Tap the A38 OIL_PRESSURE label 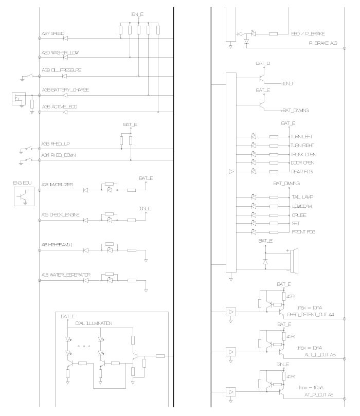pos(62,70)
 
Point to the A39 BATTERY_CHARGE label pos(66,90)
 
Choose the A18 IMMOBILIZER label pos(58,184)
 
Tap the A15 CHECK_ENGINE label pos(61,215)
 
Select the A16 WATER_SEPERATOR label pos(66,275)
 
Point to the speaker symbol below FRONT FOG pos(294,261)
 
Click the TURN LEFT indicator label pos(302,137)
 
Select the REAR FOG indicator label pos(301,171)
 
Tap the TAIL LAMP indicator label pos(302,197)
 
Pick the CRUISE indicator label pos(299,214)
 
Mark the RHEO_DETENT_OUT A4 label pos(311,314)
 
